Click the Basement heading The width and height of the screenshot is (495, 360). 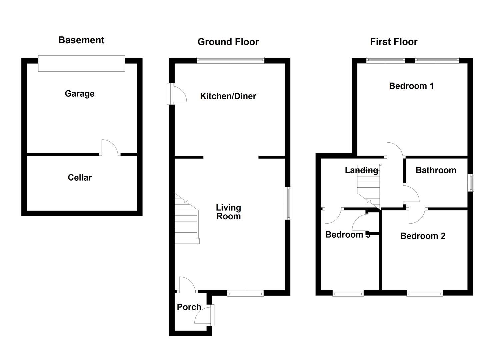[81, 40]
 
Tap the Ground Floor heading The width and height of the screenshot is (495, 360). [228, 42]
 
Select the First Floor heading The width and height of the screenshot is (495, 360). [393, 42]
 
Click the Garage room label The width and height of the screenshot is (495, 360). [79, 94]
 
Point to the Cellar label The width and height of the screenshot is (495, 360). [80, 178]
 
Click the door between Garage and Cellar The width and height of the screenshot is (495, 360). [110, 148]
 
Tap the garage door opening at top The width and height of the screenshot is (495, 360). [81, 63]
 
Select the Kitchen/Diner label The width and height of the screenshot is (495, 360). [228, 96]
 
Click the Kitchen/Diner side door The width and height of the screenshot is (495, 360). [177, 94]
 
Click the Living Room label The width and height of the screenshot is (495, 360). [228, 212]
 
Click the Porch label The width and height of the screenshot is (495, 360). [189, 307]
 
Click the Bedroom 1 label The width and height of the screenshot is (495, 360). [411, 86]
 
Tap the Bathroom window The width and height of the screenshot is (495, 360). [470, 183]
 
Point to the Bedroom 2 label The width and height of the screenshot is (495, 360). [423, 236]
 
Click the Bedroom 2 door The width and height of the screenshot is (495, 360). [417, 216]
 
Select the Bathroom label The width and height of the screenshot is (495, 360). [436, 170]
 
